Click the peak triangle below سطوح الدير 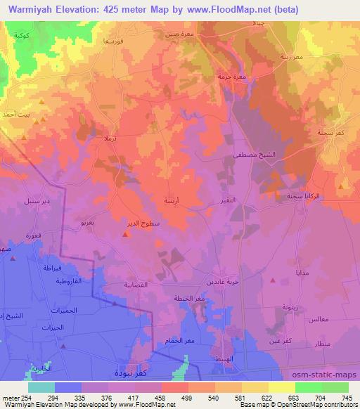pos(125,234)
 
